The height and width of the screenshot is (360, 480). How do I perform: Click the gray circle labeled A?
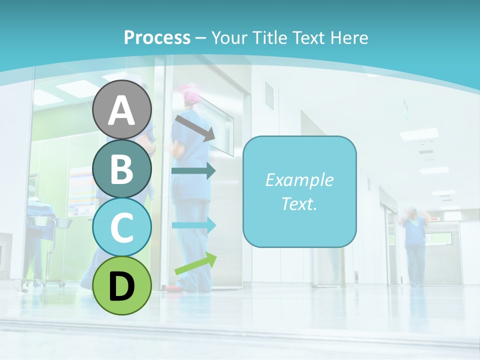click(121, 109)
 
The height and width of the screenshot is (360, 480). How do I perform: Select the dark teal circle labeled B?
click(121, 168)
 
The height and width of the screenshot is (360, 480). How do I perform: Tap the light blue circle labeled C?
click(121, 227)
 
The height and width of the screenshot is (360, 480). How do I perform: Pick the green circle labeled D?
click(121, 285)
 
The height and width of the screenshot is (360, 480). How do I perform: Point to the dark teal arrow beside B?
click(193, 171)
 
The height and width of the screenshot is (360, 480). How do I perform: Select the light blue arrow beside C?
click(194, 225)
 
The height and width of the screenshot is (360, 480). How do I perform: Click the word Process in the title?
click(157, 37)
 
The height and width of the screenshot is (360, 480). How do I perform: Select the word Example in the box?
click(299, 180)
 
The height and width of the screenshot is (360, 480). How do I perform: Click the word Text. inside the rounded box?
click(299, 203)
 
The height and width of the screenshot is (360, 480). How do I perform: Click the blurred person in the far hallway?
click(414, 245)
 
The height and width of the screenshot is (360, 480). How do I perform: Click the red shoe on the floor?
click(171, 288)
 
